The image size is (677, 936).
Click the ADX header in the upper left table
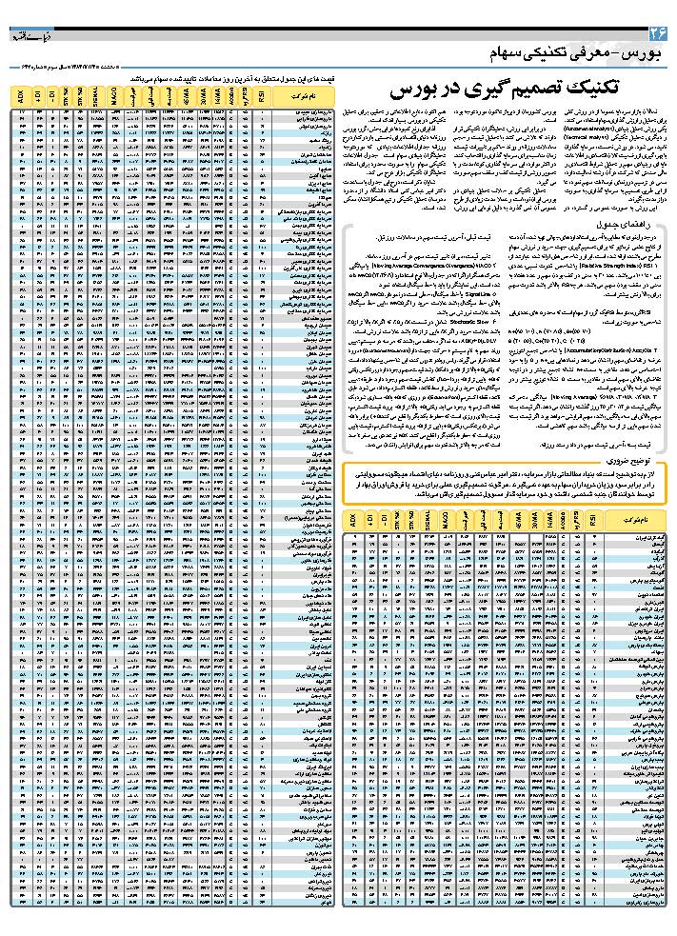pos(21,95)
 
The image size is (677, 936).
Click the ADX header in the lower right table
pos(353,521)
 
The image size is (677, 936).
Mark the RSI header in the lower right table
pos(593,521)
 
